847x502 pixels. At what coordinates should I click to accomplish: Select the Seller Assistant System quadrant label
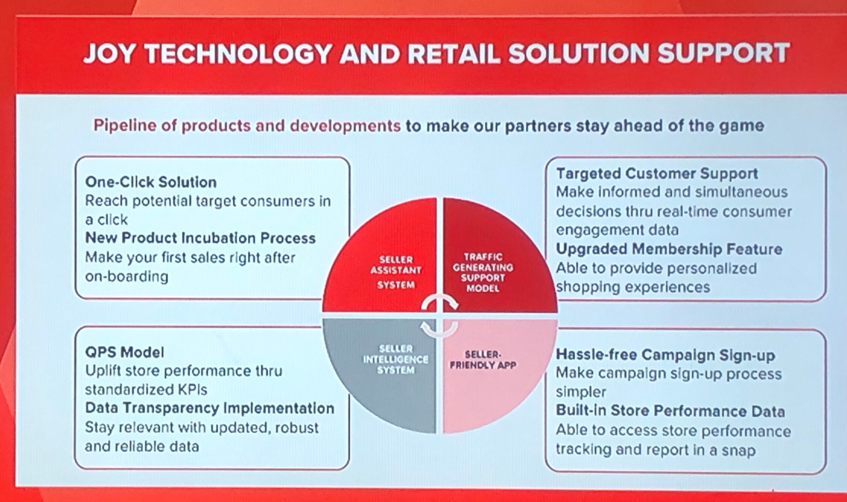tap(396, 272)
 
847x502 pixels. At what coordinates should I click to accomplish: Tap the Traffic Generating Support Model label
tap(483, 272)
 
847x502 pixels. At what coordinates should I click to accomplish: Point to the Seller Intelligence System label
tap(396, 359)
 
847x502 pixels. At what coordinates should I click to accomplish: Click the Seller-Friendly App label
tap(483, 360)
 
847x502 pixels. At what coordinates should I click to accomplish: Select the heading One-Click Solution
tap(151, 182)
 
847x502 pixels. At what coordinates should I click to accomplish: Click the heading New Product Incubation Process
tap(200, 238)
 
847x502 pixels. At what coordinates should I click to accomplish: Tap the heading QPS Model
tap(124, 353)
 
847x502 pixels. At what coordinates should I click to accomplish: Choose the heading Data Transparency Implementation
tap(209, 408)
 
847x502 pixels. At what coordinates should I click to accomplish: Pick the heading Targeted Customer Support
tap(657, 174)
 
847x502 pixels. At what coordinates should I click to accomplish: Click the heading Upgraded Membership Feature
tap(669, 249)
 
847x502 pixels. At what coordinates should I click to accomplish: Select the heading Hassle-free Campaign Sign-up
tap(666, 355)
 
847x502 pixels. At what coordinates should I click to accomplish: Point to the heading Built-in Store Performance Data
tap(670, 411)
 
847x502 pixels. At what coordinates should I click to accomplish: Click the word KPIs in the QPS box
tap(192, 390)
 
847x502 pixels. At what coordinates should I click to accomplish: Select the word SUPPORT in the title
tap(723, 54)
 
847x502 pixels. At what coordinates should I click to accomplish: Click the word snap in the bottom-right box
tap(738, 451)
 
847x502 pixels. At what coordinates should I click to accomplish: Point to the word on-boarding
tap(127, 277)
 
